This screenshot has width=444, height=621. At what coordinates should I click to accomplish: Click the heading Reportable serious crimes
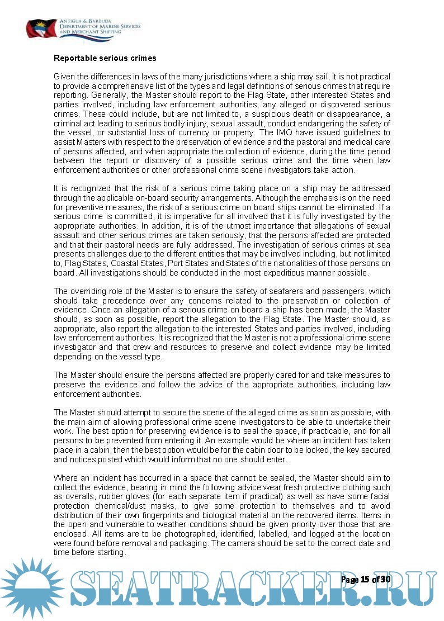click(x=105, y=58)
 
